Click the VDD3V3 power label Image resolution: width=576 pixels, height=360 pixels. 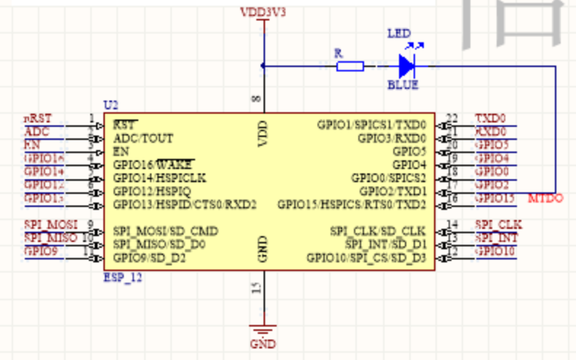[263, 12]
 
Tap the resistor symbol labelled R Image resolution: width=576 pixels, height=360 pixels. [350, 66]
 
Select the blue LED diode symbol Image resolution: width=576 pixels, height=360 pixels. [406, 66]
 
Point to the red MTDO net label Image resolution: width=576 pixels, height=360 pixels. [545, 198]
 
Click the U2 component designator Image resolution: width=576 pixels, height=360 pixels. [110, 107]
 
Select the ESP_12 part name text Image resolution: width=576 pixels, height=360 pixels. [122, 278]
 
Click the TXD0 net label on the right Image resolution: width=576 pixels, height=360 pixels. [490, 118]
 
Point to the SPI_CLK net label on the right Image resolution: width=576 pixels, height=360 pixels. [497, 224]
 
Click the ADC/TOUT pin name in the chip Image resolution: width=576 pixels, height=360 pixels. [143, 138]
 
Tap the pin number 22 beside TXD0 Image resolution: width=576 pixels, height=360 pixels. [451, 118]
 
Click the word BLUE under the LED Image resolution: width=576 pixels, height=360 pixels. [403, 85]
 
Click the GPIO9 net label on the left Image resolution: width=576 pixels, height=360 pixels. [41, 251]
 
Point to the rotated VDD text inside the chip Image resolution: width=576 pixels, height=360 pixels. [263, 134]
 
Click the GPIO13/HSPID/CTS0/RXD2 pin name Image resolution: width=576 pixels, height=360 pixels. [185, 205]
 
